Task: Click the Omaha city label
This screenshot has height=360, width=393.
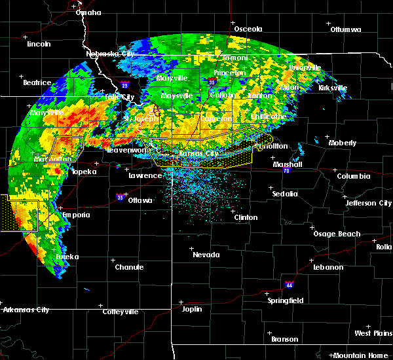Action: (88, 12)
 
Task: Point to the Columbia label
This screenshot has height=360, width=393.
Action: (354, 176)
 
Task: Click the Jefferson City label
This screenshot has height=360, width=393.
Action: (369, 203)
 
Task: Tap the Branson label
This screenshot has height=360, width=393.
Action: (284, 339)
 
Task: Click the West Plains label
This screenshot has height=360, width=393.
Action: (372, 333)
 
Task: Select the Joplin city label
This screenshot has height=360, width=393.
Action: (192, 308)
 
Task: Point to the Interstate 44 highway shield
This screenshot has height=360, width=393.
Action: (290, 285)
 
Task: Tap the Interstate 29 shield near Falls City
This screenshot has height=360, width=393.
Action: (124, 84)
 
